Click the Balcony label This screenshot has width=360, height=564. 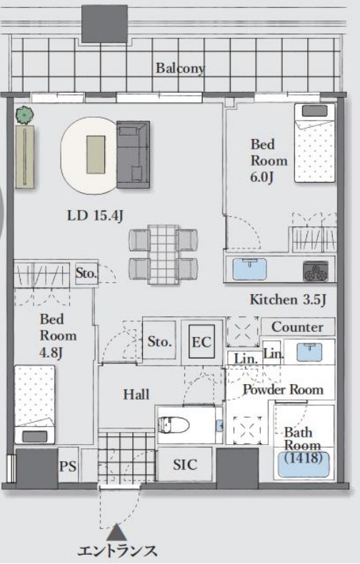point(179,69)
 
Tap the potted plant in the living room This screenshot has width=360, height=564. point(24,115)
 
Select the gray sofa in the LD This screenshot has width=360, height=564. point(133,155)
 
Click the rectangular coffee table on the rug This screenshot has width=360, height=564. point(96,155)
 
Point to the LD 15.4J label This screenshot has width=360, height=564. point(96,216)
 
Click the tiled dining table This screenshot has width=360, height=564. point(164,254)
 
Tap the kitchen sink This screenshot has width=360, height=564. point(249,268)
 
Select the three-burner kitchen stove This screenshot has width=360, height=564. point(316,271)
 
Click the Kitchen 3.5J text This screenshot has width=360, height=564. point(288,300)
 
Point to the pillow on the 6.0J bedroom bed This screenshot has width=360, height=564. point(314,111)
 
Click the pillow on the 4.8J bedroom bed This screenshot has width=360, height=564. point(35,436)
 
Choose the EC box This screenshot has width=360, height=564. point(201,342)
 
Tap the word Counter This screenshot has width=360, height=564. point(297,327)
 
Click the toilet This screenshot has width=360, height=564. point(174,425)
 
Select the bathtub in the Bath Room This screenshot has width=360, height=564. point(304,464)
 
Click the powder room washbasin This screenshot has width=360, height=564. point(309,352)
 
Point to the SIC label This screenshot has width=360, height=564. point(185,465)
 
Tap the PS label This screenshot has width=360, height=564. point(68,466)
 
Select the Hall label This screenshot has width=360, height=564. point(136,395)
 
